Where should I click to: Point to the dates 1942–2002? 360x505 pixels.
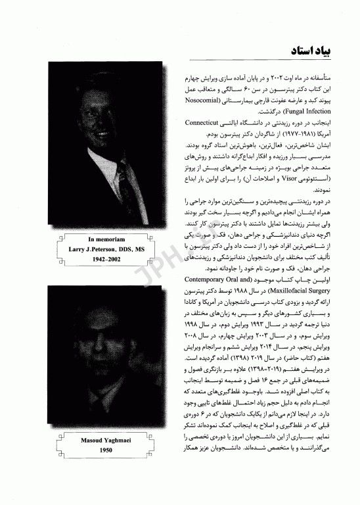pos(106,260)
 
